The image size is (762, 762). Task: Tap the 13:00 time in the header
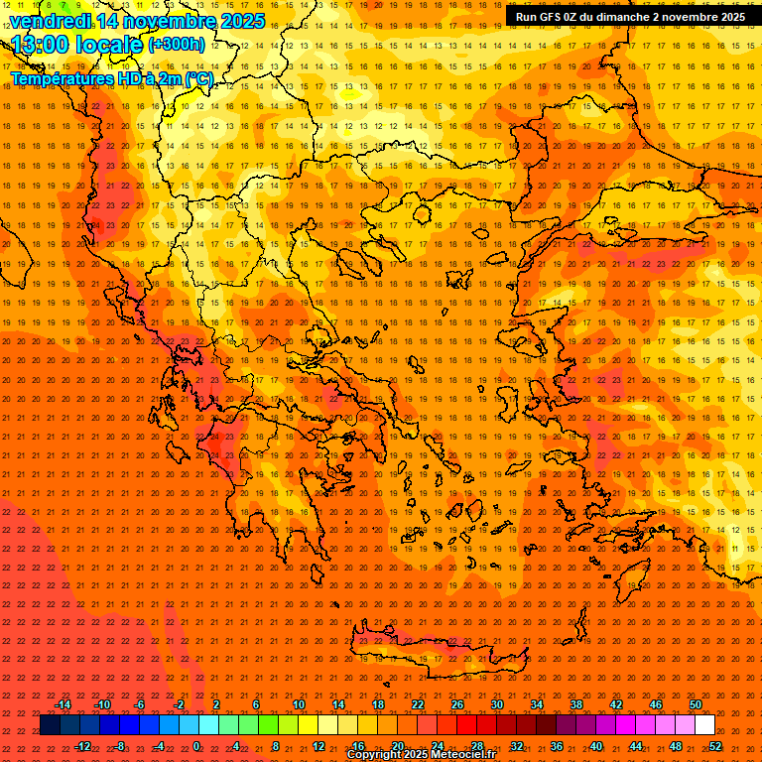(x=46, y=45)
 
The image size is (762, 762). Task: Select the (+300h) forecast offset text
(x=177, y=44)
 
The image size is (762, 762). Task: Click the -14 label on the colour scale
(x=63, y=704)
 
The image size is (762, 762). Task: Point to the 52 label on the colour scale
(x=715, y=746)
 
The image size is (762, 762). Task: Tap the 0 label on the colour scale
(x=196, y=746)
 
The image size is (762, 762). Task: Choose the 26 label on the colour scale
(x=457, y=704)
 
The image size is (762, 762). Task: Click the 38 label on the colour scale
(x=576, y=704)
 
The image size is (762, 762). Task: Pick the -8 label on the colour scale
(x=120, y=746)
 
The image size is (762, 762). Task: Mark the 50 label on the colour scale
(x=696, y=704)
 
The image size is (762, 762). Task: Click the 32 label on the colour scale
(x=517, y=746)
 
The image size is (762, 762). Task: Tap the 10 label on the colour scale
(x=299, y=704)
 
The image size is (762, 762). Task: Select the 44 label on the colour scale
(x=636, y=746)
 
